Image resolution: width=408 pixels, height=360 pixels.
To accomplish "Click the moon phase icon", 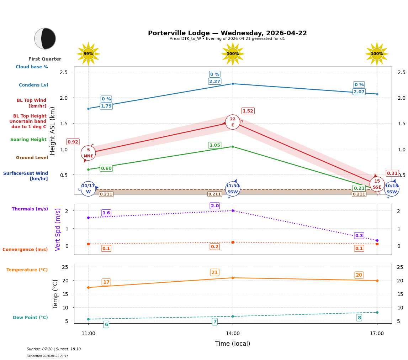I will click(45, 38).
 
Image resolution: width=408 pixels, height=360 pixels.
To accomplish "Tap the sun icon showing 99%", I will click(88, 54).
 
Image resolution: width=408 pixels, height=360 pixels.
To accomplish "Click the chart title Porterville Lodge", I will click(227, 33).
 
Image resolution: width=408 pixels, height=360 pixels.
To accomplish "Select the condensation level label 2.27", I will click(214, 82).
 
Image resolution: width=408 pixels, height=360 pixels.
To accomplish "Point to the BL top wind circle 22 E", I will click(233, 122).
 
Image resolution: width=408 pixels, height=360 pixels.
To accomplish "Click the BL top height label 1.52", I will click(248, 111).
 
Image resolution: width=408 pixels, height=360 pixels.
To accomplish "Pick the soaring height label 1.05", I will click(214, 145).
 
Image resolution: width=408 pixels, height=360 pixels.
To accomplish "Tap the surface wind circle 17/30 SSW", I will click(233, 189).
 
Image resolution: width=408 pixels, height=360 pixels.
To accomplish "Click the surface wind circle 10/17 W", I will click(88, 189).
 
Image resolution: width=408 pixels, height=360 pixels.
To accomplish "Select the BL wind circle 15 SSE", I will click(377, 184).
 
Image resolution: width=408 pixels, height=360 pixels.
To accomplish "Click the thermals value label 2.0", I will click(214, 206).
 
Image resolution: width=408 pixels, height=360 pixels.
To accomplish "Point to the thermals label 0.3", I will click(359, 236).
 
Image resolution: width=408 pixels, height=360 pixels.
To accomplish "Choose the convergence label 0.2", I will click(214, 247).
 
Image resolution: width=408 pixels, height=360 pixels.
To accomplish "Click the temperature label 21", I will click(214, 272).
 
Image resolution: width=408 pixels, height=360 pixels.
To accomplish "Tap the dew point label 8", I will click(359, 318).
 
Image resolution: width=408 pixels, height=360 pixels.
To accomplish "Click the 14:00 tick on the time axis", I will click(233, 334).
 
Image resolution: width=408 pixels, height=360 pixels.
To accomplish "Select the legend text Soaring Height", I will click(28, 140).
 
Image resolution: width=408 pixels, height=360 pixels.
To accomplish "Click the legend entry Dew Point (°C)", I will click(30, 318).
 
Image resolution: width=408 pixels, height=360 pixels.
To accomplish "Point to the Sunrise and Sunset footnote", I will click(54, 349).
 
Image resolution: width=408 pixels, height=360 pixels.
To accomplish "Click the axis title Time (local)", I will click(233, 344).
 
